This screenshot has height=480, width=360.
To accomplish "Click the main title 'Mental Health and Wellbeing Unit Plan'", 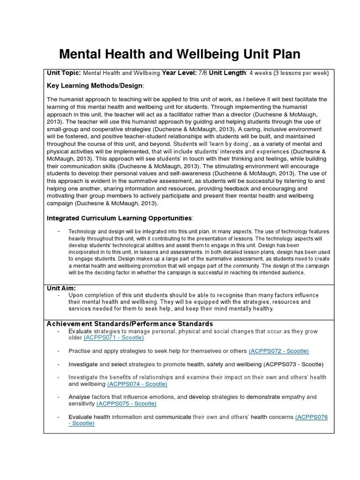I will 179,54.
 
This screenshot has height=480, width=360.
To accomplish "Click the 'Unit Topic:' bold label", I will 64,73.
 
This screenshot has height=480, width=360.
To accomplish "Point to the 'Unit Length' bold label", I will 227,73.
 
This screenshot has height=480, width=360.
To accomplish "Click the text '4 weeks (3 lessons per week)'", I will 289,73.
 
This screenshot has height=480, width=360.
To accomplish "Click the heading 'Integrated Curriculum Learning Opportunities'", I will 120,218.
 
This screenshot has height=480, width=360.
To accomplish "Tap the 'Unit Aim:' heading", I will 61,288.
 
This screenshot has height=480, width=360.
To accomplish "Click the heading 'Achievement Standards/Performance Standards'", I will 129,324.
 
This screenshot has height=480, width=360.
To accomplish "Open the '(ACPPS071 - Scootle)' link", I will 114,337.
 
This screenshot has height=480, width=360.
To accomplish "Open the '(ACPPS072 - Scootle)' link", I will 279,351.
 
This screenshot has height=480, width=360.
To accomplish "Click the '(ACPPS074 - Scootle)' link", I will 137,384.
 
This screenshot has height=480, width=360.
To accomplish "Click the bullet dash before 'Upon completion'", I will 59,295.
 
